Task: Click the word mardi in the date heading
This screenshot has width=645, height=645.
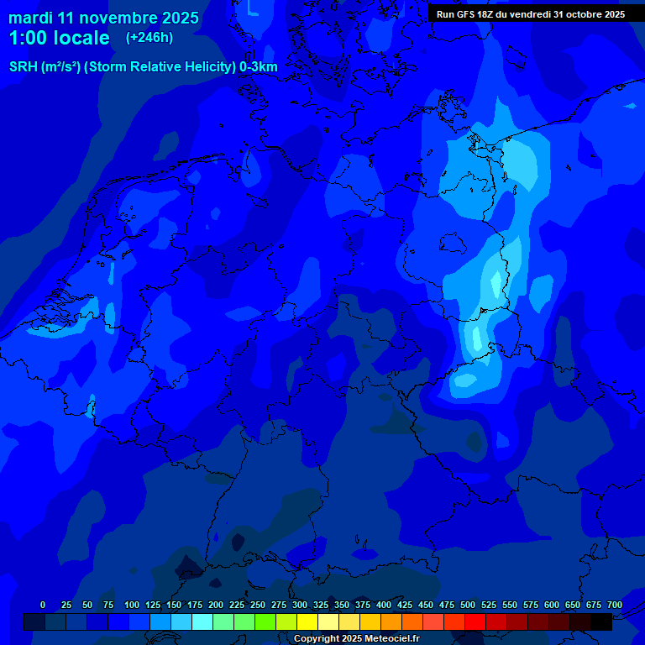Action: tap(30, 18)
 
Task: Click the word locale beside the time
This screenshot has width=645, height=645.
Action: tap(81, 38)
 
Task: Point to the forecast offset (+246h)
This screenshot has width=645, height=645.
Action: tap(149, 38)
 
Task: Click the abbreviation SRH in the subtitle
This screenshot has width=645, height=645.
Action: tap(24, 67)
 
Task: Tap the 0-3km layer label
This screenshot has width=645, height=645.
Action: tap(259, 67)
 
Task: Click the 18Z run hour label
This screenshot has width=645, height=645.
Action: tap(490, 14)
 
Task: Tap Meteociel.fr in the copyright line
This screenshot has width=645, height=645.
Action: tap(391, 639)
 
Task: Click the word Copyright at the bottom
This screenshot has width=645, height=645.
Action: tap(317, 639)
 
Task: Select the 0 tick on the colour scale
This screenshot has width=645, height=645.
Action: tap(43, 605)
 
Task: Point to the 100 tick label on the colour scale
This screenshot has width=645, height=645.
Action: tap(132, 605)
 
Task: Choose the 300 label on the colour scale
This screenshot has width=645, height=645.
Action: tap(300, 605)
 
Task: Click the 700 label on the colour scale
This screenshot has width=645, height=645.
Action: tap(615, 605)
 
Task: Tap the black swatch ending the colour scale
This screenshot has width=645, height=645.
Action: tap(601, 621)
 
